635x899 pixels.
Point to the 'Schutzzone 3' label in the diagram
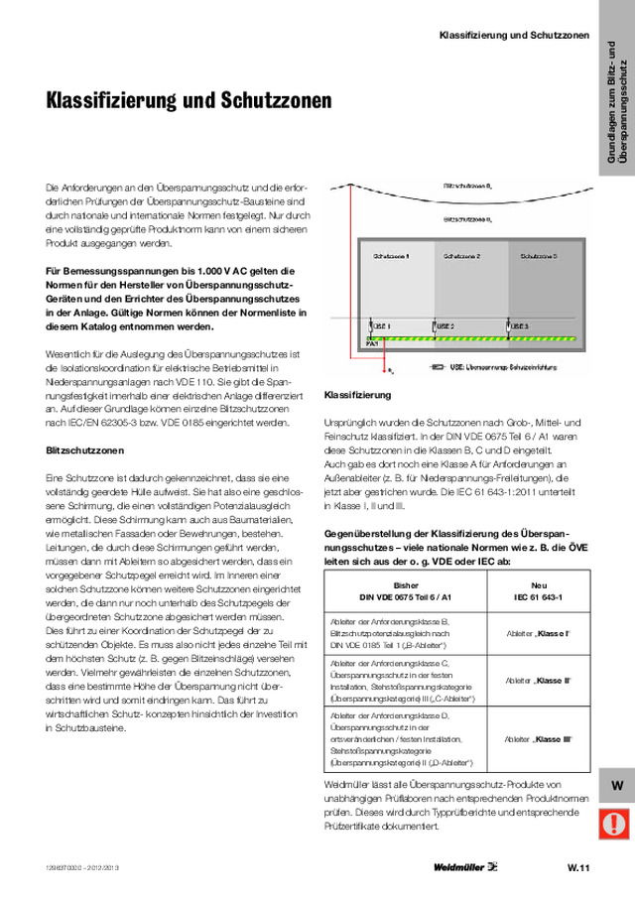[540, 255]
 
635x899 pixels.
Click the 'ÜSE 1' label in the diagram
[381, 325]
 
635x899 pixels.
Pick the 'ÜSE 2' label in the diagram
[445, 325]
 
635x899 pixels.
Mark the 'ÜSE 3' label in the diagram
[520, 325]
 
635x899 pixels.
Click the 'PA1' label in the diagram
[373, 343]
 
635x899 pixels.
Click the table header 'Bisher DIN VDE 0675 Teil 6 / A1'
[407, 591]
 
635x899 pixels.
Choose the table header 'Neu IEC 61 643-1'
[539, 591]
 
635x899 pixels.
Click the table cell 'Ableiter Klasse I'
[539, 633]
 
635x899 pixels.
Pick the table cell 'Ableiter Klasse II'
[539, 681]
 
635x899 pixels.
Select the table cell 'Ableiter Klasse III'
[539, 740]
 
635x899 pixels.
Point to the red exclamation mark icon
[616, 823]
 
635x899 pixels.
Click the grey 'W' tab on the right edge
[616, 785]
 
